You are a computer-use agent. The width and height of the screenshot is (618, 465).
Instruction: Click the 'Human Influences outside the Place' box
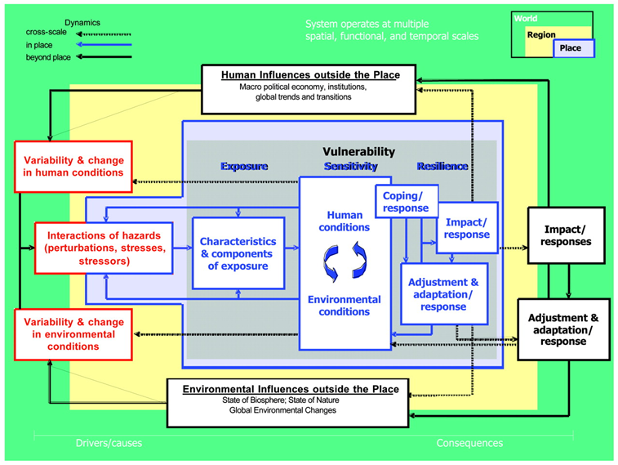point(309,87)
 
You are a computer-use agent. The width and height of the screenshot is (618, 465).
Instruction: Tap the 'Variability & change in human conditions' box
point(73,166)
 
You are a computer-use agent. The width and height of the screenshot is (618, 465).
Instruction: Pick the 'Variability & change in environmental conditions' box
point(73,334)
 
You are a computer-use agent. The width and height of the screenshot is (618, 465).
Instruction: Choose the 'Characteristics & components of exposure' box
point(238,253)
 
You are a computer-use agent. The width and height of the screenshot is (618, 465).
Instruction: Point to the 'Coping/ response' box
point(406,202)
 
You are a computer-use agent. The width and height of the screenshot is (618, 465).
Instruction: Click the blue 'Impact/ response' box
point(467,228)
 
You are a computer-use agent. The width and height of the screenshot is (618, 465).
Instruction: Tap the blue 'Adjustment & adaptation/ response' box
point(444,294)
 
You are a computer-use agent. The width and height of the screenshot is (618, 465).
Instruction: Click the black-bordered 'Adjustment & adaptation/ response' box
point(563,329)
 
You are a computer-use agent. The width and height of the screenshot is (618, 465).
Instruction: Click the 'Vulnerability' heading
point(358,151)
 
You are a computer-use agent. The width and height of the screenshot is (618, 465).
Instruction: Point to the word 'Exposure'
point(244,166)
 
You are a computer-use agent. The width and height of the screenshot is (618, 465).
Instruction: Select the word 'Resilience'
point(442,166)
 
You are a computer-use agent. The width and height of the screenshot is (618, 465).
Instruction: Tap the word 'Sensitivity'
point(350,166)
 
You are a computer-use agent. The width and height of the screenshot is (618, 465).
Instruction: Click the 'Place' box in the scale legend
point(571,48)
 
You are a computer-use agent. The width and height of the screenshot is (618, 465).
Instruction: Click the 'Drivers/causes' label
point(109,443)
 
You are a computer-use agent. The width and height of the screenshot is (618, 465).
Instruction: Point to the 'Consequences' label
point(469,443)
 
